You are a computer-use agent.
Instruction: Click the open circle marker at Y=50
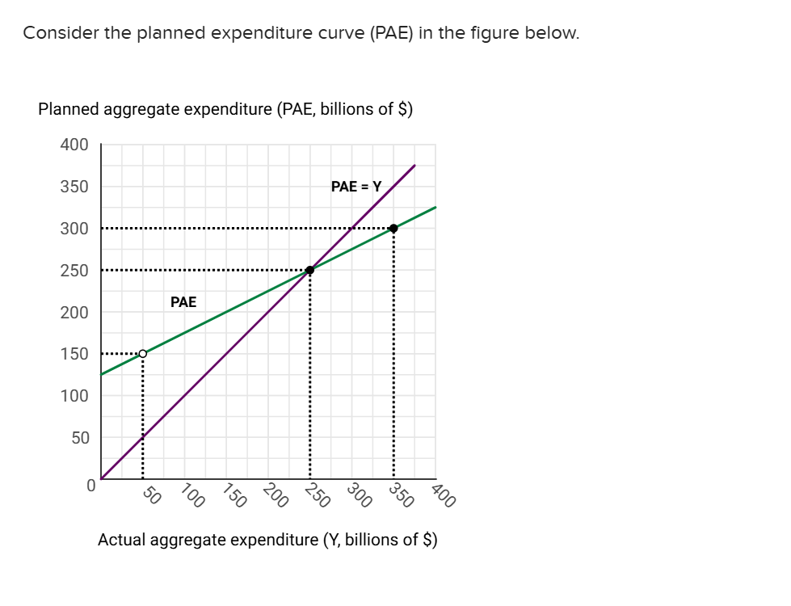143,353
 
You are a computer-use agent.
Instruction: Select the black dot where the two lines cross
309,270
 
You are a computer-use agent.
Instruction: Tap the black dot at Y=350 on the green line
393,228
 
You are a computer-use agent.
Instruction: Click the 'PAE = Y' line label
356,186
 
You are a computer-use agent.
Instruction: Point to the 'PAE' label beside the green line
183,302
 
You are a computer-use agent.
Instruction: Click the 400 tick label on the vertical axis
74,145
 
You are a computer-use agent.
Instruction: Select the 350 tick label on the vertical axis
74,187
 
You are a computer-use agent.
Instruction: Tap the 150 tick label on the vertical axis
74,354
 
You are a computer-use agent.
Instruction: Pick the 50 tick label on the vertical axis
78,437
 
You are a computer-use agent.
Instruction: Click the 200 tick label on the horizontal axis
276,494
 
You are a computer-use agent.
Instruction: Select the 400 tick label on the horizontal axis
444,494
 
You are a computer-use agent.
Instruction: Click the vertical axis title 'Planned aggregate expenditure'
225,109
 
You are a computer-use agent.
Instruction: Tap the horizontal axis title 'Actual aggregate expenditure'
267,539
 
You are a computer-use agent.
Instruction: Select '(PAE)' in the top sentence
393,33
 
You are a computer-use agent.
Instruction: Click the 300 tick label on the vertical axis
74,229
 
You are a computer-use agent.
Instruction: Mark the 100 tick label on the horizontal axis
191,494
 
